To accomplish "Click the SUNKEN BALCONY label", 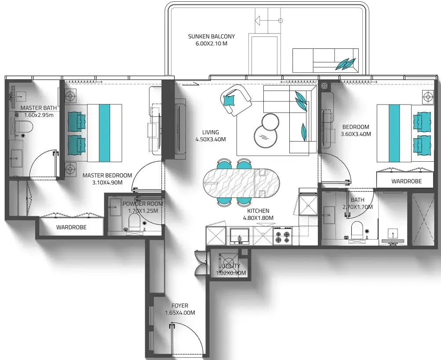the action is point(211,36).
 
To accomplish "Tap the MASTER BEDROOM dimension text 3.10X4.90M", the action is point(107,182).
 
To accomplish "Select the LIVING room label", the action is point(210,132).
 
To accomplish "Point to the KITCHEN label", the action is point(258,211).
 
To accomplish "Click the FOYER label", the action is point(180,305).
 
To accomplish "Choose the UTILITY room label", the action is point(231,266).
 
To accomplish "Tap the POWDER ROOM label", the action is point(142,204).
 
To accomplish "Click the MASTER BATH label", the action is point(39,108).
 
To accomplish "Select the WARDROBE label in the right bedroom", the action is point(406,182).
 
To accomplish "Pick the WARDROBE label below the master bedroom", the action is point(71,227).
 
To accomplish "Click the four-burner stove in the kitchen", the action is point(283,236).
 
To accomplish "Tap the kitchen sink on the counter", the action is point(239,236).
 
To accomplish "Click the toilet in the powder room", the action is point(134,221).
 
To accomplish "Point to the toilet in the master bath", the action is point(24,127).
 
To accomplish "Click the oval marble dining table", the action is point(242,183).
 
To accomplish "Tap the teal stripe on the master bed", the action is point(104,133).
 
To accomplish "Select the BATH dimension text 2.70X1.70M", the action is point(358,207).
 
